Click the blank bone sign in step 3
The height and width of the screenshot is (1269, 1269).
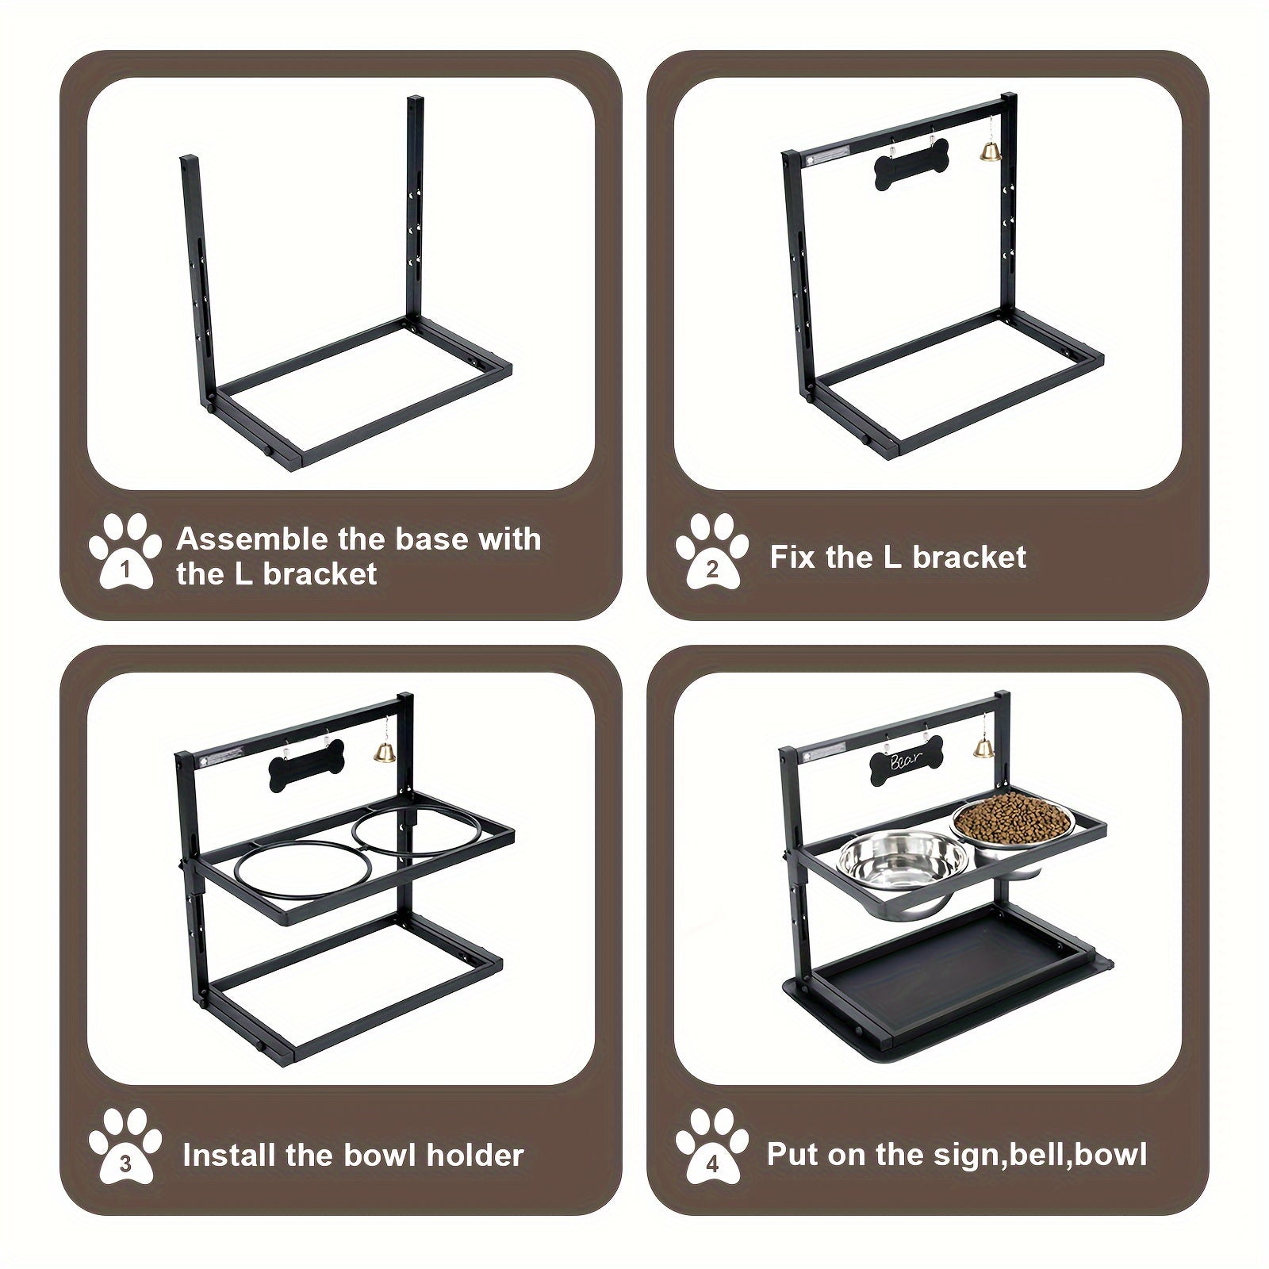pos(308,765)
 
